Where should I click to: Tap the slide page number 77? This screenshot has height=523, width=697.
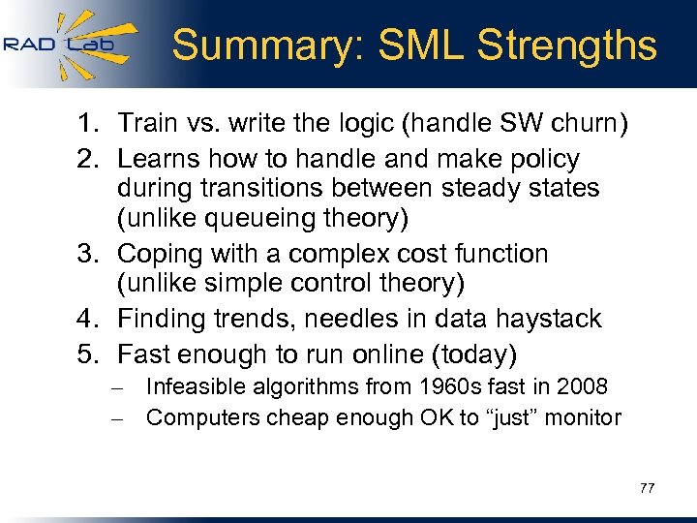click(647, 488)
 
